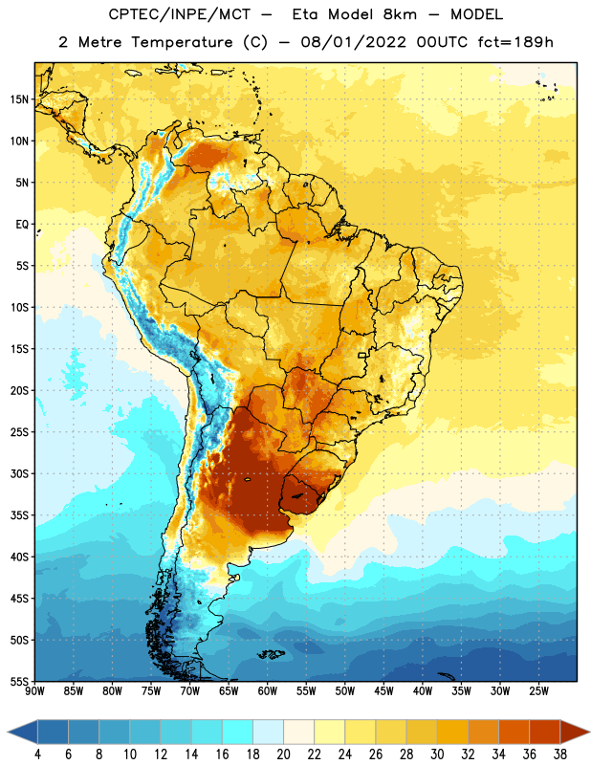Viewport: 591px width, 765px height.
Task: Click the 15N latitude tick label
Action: [19, 99]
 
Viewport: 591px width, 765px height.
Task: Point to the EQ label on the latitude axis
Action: [22, 225]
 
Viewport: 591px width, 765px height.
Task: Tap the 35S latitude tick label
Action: [19, 515]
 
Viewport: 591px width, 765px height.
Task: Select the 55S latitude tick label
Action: [19, 681]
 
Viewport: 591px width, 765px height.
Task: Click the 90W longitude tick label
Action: [34, 691]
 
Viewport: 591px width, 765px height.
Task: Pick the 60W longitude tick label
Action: [268, 691]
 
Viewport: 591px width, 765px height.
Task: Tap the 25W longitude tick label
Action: [538, 691]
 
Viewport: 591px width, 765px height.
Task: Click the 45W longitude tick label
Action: [383, 691]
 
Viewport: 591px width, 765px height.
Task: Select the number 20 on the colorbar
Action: [283, 754]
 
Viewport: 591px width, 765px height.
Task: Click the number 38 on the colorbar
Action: [560, 754]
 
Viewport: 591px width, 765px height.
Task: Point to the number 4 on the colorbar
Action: [37, 754]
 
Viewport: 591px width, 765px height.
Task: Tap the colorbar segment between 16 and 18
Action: [238, 732]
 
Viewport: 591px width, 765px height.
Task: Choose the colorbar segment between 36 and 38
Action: [545, 732]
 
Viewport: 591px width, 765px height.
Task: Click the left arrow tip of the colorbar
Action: [8, 732]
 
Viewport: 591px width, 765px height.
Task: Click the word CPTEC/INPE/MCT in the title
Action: [179, 14]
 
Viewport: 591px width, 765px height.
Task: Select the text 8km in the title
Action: [400, 14]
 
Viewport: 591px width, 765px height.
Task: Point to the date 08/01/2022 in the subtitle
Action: [353, 42]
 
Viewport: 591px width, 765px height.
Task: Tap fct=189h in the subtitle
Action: [515, 42]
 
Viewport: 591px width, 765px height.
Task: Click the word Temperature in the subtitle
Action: [182, 42]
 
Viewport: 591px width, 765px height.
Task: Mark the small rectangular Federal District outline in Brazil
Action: [362, 355]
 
